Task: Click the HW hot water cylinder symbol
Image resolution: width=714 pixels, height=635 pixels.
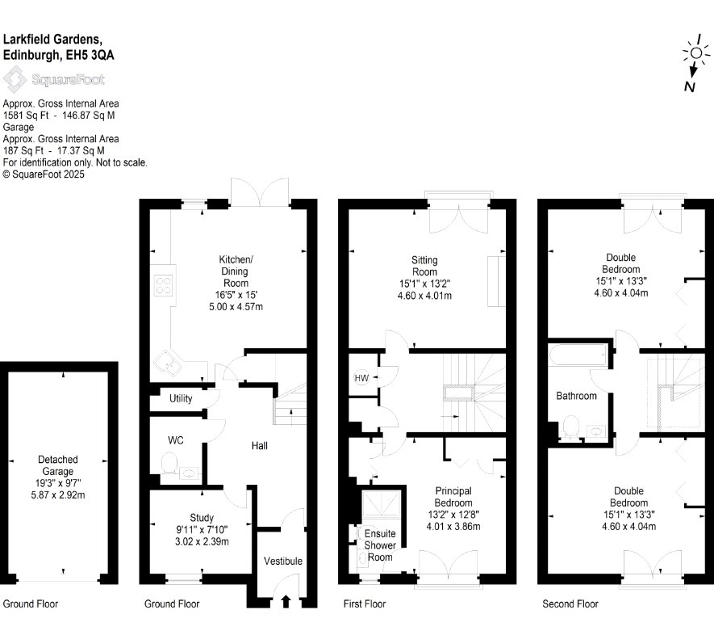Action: (361, 378)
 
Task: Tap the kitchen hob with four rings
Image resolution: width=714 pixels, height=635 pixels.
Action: (164, 285)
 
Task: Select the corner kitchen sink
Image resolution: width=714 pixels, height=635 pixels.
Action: (167, 364)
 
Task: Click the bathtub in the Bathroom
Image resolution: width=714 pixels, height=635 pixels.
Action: (578, 355)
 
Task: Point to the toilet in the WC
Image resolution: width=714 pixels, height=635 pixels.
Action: (169, 463)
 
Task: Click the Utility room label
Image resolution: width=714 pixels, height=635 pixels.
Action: (181, 398)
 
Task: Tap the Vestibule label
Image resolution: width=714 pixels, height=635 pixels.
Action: (283, 561)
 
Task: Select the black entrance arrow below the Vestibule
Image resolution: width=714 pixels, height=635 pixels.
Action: (286, 601)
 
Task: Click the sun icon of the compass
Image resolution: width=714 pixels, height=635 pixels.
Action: (696, 53)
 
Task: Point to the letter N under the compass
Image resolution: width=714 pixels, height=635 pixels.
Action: (690, 86)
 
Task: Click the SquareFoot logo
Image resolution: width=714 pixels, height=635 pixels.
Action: (54, 79)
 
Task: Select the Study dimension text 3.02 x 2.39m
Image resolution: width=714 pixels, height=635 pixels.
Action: (202, 541)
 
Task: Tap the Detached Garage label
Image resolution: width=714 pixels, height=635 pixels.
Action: (58, 465)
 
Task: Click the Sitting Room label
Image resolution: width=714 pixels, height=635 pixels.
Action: (424, 267)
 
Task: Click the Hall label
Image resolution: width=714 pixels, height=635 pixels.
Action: (260, 446)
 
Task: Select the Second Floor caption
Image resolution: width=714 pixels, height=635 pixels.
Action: (570, 604)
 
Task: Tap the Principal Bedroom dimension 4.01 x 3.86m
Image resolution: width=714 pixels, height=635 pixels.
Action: (453, 527)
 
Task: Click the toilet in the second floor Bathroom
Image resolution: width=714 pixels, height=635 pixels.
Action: (570, 427)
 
